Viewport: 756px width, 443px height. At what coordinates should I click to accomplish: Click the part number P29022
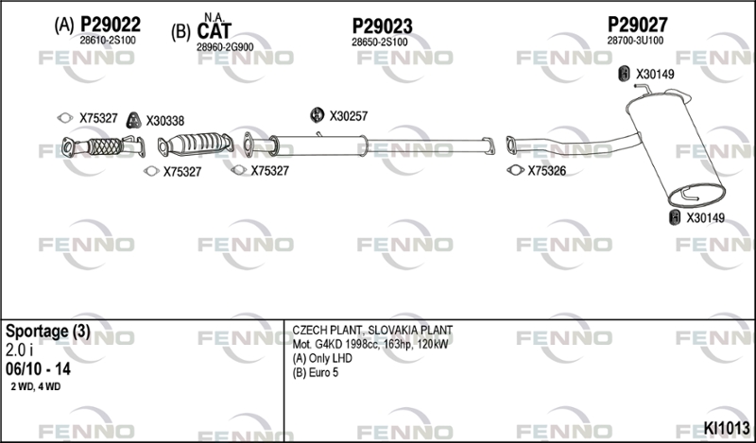coord(111,25)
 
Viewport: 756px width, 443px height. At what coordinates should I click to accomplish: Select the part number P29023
coord(382,26)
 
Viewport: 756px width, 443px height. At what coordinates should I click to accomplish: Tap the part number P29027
coord(637,25)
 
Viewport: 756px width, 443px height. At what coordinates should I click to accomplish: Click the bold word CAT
coord(215,31)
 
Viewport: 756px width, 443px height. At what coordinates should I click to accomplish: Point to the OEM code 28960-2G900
coord(225,47)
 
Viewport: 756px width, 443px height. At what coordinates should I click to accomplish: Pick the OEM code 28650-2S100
coord(380,43)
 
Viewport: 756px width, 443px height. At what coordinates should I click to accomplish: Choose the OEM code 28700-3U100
coord(635,41)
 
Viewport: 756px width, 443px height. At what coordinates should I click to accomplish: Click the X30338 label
coord(164,121)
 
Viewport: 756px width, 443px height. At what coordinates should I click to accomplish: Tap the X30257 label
coord(348,116)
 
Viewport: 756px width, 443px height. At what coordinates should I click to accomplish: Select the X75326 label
coord(547,171)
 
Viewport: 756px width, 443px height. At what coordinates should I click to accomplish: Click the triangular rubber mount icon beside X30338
coord(133,121)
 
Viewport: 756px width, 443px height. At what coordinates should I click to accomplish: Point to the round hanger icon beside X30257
coord(317,115)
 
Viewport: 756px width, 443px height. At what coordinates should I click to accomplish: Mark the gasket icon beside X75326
coord(515,170)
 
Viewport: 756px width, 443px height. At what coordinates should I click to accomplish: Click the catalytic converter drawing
coord(196,145)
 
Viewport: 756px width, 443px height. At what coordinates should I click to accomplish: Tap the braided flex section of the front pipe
coord(106,147)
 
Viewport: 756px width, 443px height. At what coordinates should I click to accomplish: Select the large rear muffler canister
coord(675,149)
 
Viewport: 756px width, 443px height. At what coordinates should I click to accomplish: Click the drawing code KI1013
coord(727,428)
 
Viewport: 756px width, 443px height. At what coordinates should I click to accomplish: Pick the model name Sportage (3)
coord(48,332)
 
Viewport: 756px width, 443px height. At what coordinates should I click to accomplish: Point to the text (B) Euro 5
coord(316,373)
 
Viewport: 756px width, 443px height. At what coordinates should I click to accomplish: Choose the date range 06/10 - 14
coord(38,369)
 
